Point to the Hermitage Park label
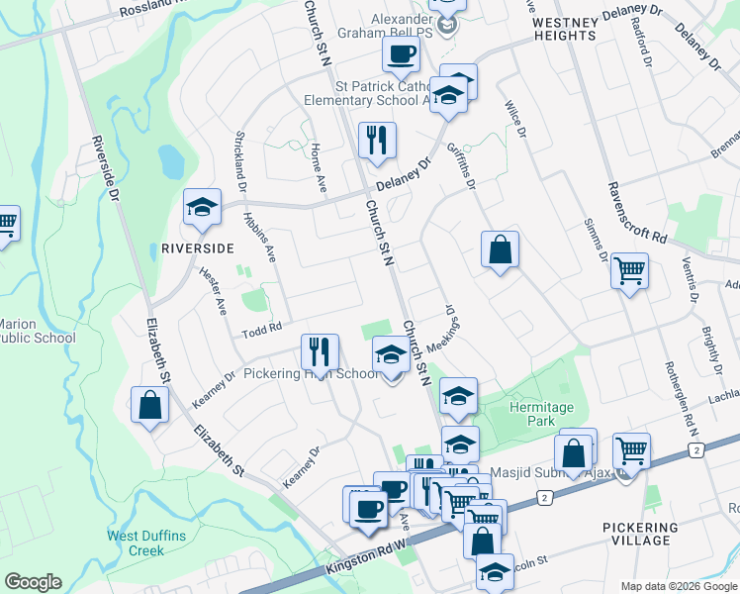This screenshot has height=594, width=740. [x=533, y=414]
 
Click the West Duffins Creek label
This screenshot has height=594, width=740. [x=136, y=544]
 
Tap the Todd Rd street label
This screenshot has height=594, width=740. [x=263, y=327]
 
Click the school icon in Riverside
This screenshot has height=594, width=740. [x=202, y=208]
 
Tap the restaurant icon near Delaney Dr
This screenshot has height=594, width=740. [x=376, y=141]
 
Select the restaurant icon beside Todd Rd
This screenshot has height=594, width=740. [x=320, y=351]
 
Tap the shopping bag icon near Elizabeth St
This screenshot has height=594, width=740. [x=149, y=406]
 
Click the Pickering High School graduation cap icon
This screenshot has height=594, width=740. [x=391, y=357]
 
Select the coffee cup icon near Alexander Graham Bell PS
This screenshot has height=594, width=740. [x=401, y=53]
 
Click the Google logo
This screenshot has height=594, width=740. [x=33, y=582]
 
